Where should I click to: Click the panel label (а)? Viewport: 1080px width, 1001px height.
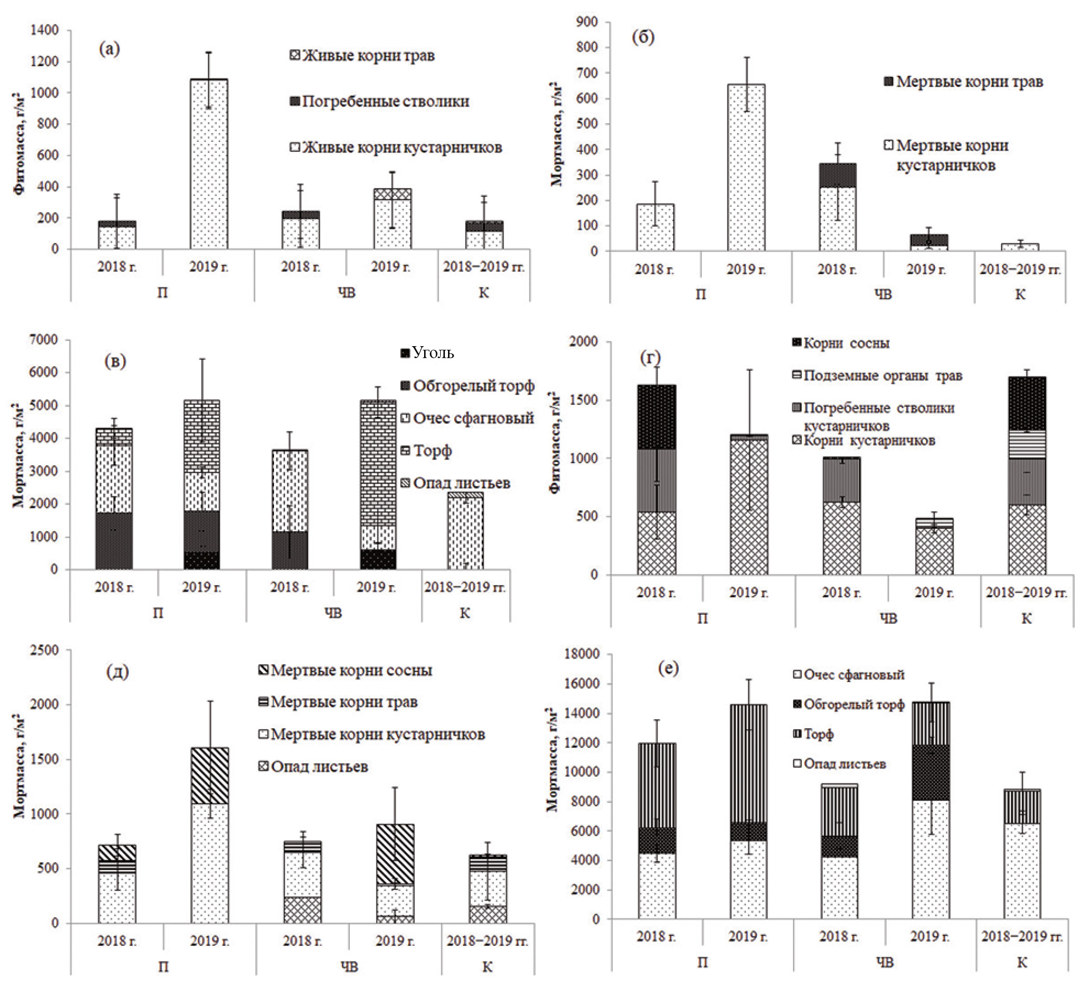[x=109, y=49]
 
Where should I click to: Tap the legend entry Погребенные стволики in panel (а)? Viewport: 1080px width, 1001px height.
[x=379, y=101]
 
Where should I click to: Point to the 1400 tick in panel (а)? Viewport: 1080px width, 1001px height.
[x=45, y=30]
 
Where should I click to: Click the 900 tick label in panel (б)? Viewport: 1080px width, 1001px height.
[x=587, y=22]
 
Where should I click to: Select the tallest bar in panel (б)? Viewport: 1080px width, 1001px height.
[x=746, y=167]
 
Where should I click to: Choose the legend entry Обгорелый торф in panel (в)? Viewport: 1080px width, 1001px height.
[x=467, y=386]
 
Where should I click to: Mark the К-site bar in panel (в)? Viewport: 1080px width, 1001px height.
[x=465, y=531]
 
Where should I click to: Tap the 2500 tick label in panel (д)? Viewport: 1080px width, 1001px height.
[x=45, y=650]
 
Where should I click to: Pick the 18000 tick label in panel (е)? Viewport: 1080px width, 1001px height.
[x=582, y=654]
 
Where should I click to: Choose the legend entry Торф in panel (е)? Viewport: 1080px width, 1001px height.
[x=812, y=734]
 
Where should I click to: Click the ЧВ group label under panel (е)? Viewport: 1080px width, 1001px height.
[x=885, y=963]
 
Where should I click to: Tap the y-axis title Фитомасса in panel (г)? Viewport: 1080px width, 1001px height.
[x=555, y=441]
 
